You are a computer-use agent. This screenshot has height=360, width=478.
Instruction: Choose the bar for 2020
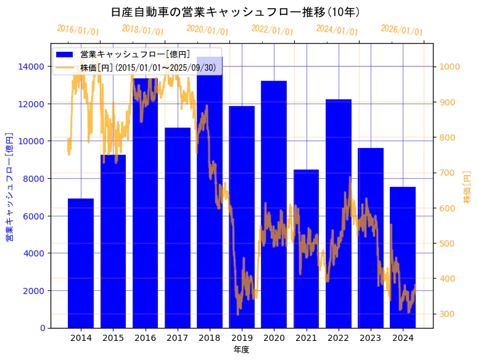[274, 204]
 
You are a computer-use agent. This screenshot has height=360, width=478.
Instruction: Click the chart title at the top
[236, 12]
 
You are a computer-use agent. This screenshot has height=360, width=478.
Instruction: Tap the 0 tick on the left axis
[41, 328]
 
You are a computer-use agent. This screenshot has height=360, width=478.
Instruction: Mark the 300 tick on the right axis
[445, 314]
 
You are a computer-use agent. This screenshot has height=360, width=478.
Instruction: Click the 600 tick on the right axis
[445, 208]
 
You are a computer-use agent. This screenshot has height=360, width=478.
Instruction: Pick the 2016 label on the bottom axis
[145, 338]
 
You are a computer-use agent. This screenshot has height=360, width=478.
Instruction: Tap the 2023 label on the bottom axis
[371, 338]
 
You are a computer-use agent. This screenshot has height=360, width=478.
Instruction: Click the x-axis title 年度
[241, 350]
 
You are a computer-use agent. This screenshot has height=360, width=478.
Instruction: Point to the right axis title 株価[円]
[467, 187]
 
